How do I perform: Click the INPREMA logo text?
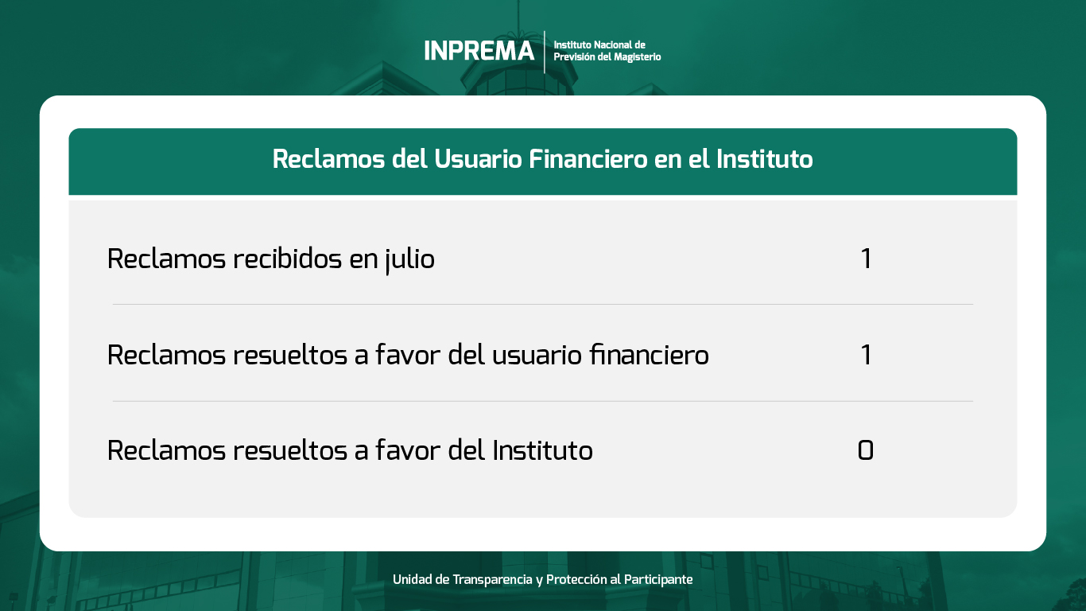click(479, 51)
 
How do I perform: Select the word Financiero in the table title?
click(588, 158)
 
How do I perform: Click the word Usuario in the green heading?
click(478, 158)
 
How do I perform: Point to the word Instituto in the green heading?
click(765, 158)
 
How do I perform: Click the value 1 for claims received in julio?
click(866, 259)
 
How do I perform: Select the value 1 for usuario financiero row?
click(866, 355)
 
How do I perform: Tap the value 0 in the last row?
click(866, 450)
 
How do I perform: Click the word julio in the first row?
click(409, 259)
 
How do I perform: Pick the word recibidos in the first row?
click(288, 259)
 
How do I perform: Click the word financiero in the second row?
click(650, 354)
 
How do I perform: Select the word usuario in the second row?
click(537, 356)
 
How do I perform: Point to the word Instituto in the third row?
click(542, 450)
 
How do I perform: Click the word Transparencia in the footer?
click(492, 579)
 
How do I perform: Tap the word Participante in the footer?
click(658, 579)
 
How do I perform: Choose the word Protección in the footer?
click(576, 579)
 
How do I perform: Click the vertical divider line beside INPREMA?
click(545, 52)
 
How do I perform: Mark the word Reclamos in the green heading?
click(328, 158)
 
